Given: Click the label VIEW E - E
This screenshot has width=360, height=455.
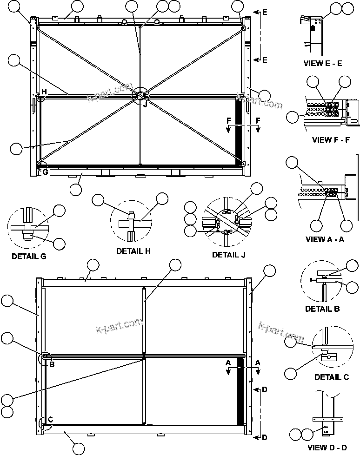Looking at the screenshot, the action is [x=322, y=63].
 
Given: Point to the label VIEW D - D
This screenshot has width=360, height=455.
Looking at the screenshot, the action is [x=327, y=448].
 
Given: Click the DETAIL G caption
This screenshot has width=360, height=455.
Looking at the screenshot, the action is [x=29, y=256].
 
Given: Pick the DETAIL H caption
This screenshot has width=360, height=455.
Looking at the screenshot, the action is [x=133, y=251].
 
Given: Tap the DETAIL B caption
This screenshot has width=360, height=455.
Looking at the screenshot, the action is [x=322, y=308].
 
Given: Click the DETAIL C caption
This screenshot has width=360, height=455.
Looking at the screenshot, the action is [x=331, y=377].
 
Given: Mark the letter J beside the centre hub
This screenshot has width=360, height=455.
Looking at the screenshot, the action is [x=145, y=105].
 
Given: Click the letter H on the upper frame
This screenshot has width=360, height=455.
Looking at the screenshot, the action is [x=44, y=92].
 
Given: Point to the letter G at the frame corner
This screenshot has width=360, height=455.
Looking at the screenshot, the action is [x=45, y=172].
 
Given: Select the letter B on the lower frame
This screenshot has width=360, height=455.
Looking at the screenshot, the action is [x=52, y=364].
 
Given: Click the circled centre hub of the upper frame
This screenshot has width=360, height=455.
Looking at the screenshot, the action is [x=140, y=95].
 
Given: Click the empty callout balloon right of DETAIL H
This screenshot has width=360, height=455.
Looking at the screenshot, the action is [x=162, y=198].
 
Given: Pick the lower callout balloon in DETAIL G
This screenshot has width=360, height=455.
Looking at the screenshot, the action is [x=60, y=243].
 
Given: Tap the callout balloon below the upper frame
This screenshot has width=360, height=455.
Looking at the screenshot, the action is [x=76, y=189].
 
